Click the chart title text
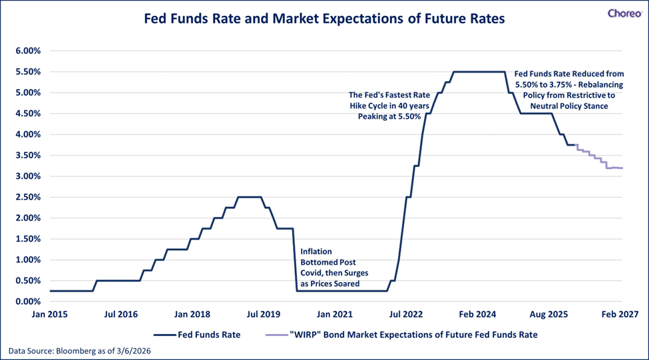point(324,19)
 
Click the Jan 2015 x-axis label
point(50,313)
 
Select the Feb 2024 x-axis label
point(479,313)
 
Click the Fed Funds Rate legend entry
point(198,335)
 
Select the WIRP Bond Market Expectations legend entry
point(401,335)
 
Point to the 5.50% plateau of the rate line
point(478,72)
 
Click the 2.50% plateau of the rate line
point(250,197)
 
